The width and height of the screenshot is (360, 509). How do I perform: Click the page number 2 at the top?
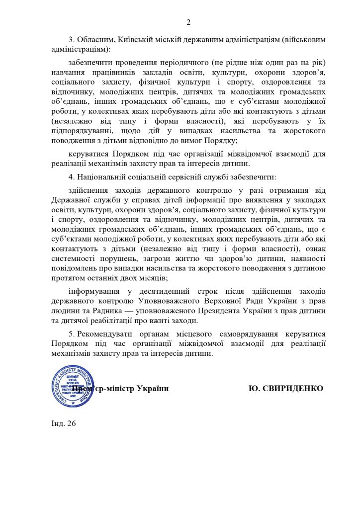tap(188, 22)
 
